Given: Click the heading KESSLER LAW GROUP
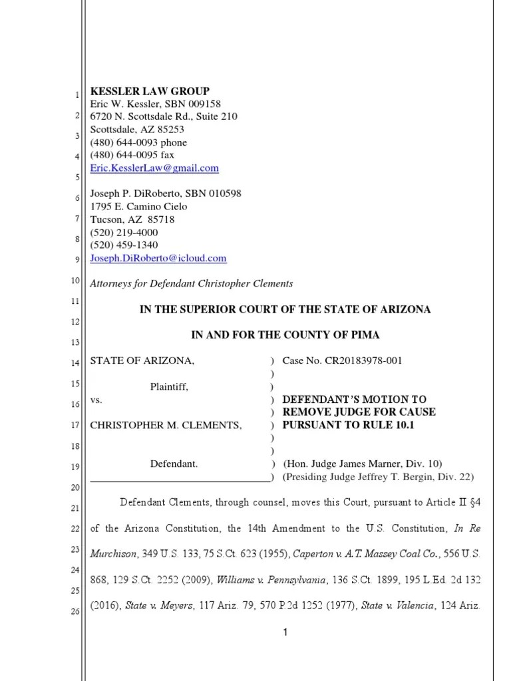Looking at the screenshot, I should [x=150, y=91].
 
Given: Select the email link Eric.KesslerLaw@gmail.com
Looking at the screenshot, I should [x=154, y=168].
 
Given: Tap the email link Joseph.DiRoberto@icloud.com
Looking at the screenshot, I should [x=158, y=258].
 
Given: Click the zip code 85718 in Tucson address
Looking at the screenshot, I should [x=162, y=219].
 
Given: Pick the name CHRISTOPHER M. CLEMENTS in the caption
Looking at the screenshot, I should [x=166, y=425].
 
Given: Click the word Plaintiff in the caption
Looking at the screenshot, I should [x=168, y=387].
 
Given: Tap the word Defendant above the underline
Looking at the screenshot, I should [x=174, y=464].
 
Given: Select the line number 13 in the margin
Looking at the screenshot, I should [x=76, y=342].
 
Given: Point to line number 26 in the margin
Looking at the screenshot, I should [x=76, y=612].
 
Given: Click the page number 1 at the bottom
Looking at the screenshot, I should [x=285, y=632].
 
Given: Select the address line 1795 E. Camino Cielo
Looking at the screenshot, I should [x=138, y=206].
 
